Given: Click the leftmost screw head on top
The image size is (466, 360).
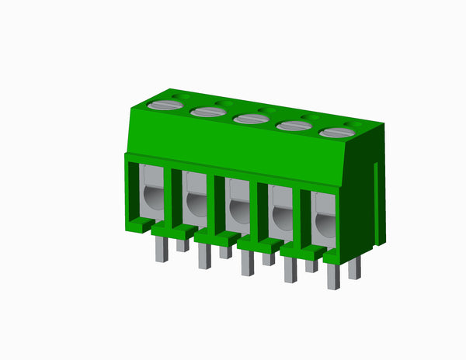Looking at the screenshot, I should click(x=165, y=105).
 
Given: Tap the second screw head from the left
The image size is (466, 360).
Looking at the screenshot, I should click(x=207, y=112).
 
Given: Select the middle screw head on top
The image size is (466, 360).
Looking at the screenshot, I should click(x=249, y=119).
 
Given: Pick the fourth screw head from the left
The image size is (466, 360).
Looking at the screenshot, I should click(x=293, y=126).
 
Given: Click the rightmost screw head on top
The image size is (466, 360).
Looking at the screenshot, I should click(x=336, y=133).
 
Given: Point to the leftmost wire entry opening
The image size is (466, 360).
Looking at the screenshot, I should click(x=152, y=199).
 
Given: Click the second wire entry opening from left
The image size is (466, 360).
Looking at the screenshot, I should click(x=196, y=203).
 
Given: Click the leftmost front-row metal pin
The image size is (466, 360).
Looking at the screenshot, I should click(x=162, y=248).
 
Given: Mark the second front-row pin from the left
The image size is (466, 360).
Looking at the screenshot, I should click(x=204, y=256).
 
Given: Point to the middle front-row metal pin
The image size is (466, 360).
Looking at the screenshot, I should click(x=247, y=263).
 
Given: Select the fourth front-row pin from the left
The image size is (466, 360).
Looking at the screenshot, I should click(x=290, y=270).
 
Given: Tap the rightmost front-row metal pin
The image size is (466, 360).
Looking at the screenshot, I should click(x=333, y=277).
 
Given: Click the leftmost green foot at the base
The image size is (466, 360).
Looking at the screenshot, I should click(x=141, y=224).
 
